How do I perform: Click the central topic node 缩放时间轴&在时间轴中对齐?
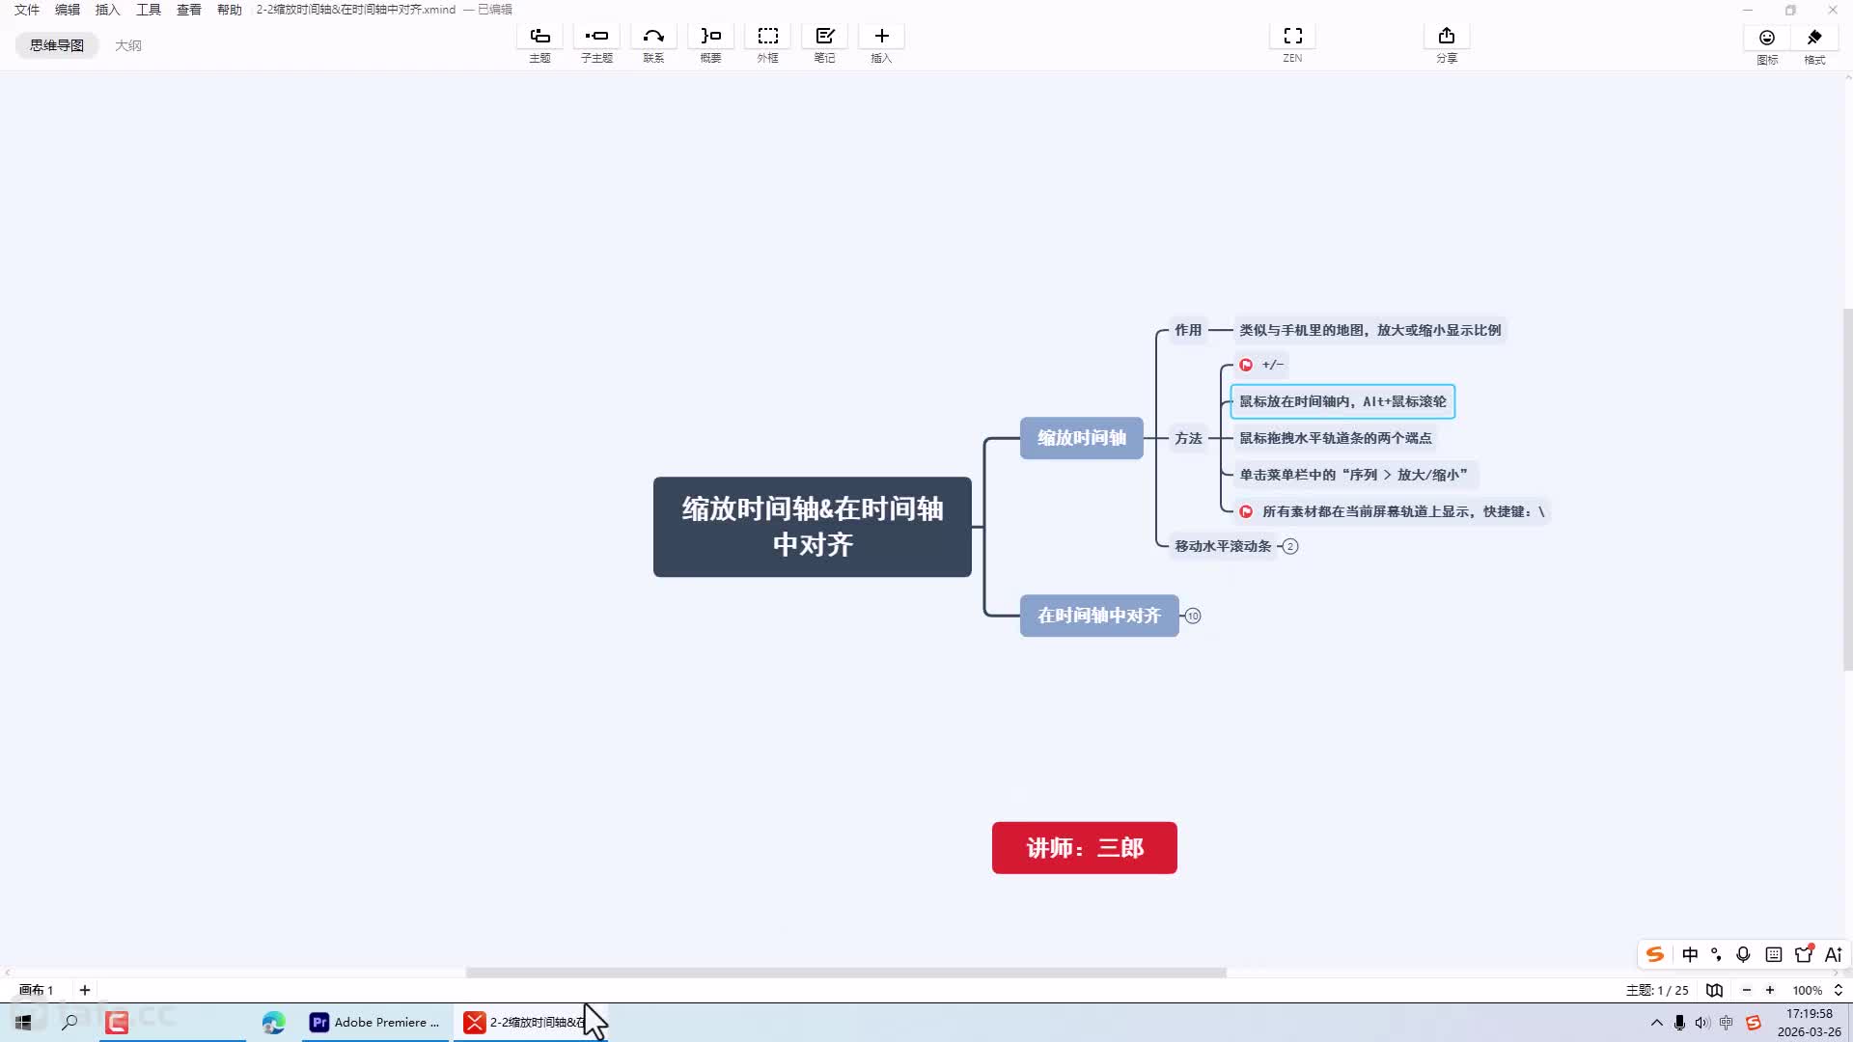tap(812, 527)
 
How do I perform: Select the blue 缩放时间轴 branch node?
tap(1081, 438)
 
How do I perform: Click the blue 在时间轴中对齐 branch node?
tap(1099, 616)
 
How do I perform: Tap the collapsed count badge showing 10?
tap(1193, 616)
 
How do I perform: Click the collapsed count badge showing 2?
tap(1290, 546)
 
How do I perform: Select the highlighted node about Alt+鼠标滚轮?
tap(1342, 401)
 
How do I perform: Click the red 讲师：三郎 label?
tap(1085, 848)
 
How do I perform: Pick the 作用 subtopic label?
tap(1188, 330)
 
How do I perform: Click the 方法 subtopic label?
tap(1188, 438)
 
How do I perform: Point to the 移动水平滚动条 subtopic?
tap(1223, 546)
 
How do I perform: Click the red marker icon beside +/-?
tap(1246, 365)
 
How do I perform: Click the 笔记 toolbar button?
tap(824, 44)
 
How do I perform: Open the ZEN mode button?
tap(1292, 44)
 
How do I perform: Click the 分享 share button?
tap(1446, 44)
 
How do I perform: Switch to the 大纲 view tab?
tap(128, 45)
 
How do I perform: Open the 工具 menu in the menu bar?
tap(149, 10)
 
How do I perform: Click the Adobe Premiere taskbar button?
tap(373, 1023)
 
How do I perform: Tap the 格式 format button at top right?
tap(1814, 45)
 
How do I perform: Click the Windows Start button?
tap(23, 1023)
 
